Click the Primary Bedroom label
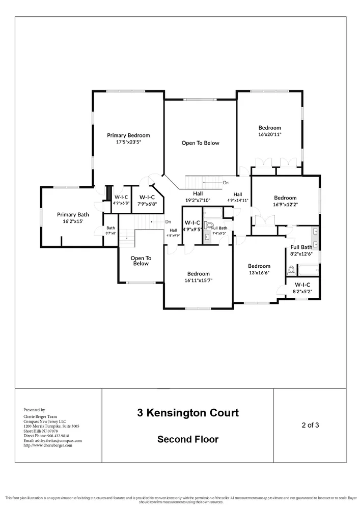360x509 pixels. click(x=128, y=135)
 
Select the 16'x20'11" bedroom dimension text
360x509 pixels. click(x=269, y=134)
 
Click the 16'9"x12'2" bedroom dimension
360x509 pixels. click(x=285, y=205)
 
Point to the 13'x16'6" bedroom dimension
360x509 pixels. click(x=259, y=273)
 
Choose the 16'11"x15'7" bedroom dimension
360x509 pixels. click(x=199, y=280)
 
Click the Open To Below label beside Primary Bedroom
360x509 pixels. click(x=200, y=143)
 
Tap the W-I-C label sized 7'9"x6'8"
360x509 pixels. click(x=147, y=204)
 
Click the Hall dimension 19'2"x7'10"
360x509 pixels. click(x=198, y=200)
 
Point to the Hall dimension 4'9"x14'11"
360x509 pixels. click(x=238, y=201)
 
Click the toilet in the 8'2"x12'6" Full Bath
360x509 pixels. click(x=291, y=270)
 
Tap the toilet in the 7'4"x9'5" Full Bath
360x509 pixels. click(x=208, y=225)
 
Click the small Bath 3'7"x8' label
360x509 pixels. click(x=110, y=230)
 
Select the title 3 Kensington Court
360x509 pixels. click(x=187, y=413)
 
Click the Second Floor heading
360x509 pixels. click(x=187, y=439)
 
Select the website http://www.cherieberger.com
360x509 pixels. click(x=48, y=445)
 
